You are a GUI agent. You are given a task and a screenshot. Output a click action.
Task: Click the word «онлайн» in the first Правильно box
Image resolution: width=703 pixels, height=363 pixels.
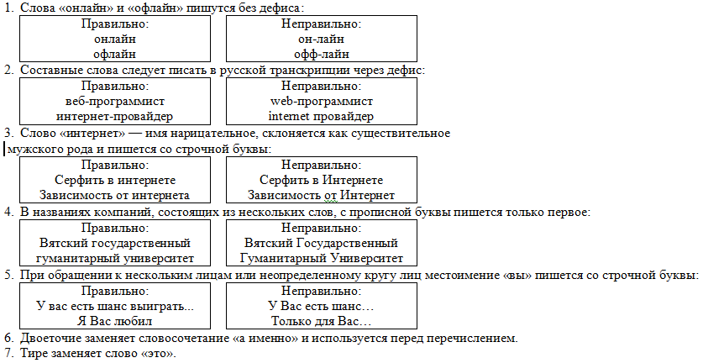[115, 39]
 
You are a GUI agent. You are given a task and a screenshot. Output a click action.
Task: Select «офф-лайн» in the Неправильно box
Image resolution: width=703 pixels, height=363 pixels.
[322, 55]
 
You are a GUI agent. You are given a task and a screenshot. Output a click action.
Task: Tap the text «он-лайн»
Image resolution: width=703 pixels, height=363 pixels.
[321, 39]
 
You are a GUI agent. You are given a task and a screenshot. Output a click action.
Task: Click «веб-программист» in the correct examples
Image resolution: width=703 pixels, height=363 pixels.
[115, 102]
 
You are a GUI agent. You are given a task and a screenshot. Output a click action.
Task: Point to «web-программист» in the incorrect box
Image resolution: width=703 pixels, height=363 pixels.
[322, 102]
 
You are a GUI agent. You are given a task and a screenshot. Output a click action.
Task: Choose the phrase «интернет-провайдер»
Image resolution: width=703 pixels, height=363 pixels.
[115, 117]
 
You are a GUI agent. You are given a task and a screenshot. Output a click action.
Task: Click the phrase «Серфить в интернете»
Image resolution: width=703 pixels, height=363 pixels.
[115, 181]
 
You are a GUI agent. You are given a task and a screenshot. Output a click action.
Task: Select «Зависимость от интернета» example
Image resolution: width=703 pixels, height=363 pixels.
[115, 196]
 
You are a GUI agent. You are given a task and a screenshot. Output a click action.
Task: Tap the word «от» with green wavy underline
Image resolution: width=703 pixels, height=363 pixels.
[330, 196]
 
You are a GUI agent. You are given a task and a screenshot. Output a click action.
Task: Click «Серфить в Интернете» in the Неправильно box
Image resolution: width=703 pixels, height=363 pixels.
[322, 181]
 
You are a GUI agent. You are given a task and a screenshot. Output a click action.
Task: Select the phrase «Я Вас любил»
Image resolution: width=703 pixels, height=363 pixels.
[115, 321]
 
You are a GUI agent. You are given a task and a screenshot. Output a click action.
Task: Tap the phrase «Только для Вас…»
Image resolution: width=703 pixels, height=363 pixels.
[322, 321]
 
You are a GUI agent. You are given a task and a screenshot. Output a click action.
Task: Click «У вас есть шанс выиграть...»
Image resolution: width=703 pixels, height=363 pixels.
[115, 306]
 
